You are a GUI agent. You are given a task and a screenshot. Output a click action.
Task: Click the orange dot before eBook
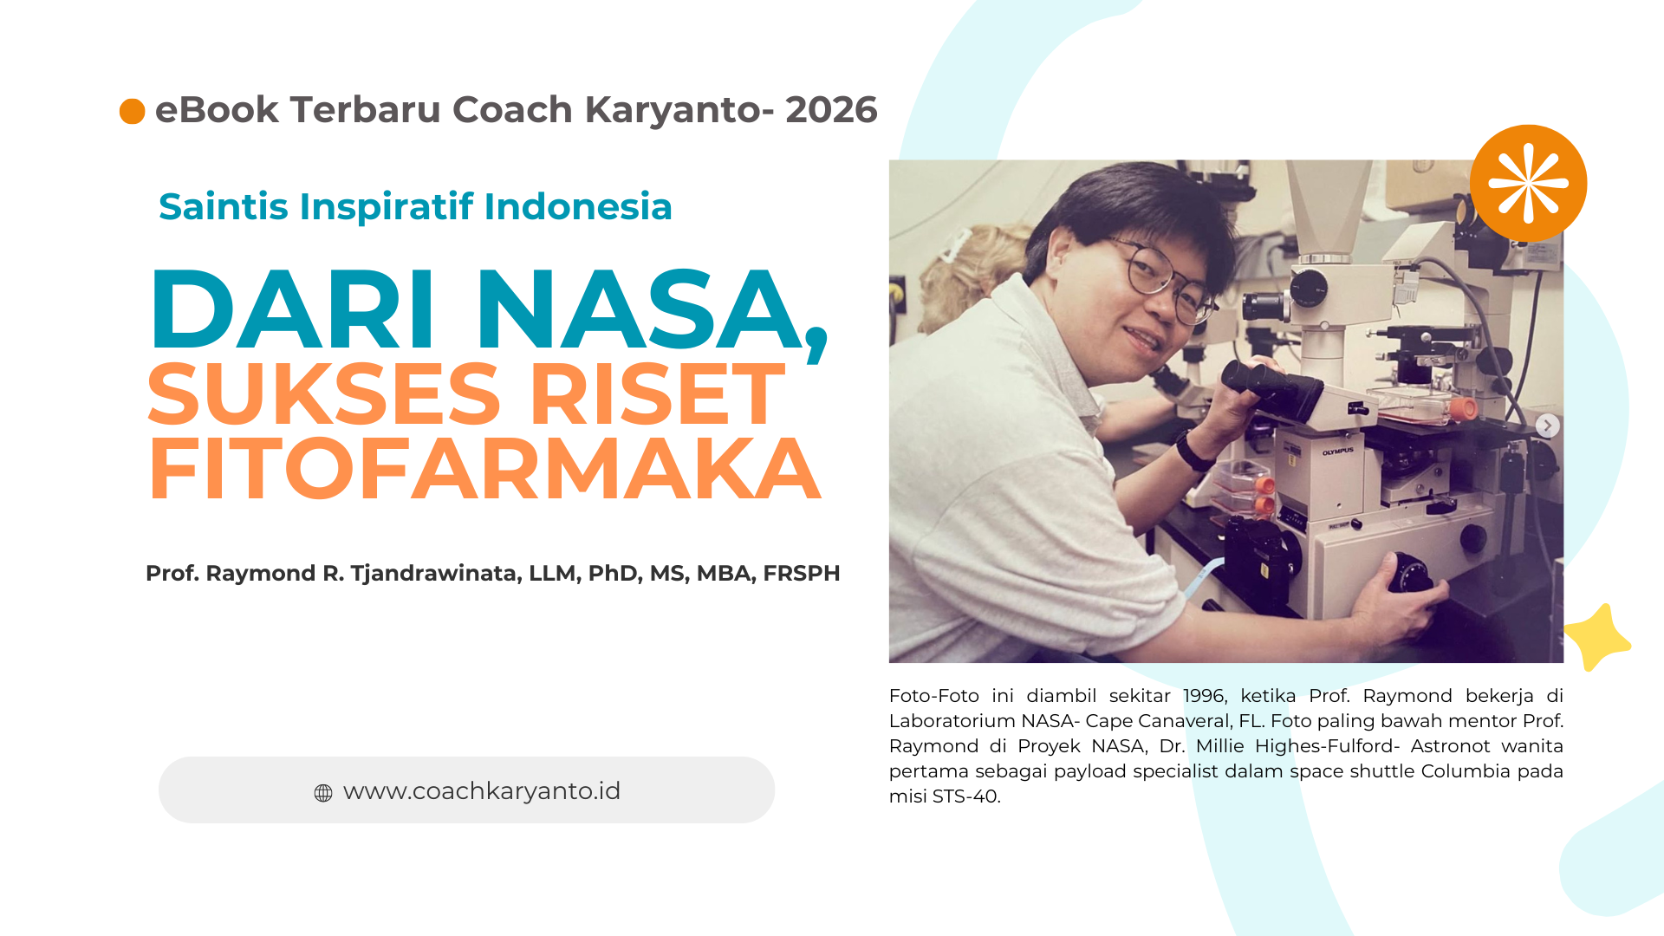pyautogui.click(x=132, y=111)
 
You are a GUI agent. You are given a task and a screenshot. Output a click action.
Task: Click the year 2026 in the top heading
pyautogui.click(x=831, y=110)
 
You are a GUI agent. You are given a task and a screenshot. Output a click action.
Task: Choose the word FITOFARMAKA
pyautogui.click(x=484, y=470)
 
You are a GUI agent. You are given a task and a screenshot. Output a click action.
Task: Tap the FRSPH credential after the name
pyautogui.click(x=802, y=574)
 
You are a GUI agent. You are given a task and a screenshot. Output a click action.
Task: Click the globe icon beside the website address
pyautogui.click(x=323, y=792)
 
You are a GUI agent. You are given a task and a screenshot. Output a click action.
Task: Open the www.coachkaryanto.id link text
pyautogui.click(x=482, y=791)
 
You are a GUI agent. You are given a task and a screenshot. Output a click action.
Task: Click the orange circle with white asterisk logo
pyautogui.click(x=1528, y=183)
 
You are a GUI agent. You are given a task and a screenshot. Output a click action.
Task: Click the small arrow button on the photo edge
pyautogui.click(x=1547, y=426)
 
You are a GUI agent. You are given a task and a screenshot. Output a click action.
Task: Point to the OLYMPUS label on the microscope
pyautogui.click(x=1337, y=452)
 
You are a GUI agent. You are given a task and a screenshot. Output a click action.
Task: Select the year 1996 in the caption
pyautogui.click(x=1205, y=696)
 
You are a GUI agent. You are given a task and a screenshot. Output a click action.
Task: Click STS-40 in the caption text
pyautogui.click(x=965, y=796)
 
